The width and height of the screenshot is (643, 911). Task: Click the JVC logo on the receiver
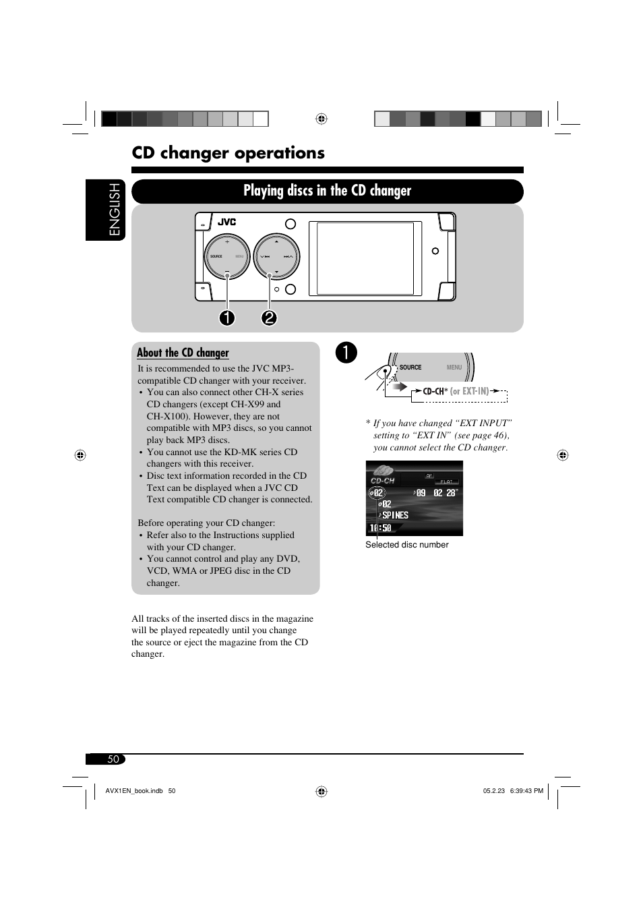coord(226,222)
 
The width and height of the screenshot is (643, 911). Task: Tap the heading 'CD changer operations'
coord(228,153)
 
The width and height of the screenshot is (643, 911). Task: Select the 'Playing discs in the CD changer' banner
coord(327,191)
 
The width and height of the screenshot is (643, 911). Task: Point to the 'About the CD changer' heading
coord(183,353)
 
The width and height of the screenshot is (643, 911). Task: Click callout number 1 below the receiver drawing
coord(227,317)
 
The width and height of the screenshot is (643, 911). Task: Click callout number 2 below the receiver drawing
coord(269,317)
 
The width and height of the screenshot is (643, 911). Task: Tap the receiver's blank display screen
coord(365,258)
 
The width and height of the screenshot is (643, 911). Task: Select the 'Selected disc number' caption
coord(406,545)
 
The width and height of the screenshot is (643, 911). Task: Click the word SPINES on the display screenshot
coord(396,515)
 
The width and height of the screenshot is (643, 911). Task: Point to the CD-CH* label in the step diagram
coord(435,391)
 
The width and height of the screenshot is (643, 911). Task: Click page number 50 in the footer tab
coord(113,759)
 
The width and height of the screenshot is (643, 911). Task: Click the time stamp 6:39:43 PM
coord(526,791)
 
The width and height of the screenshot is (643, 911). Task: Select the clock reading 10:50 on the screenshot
coord(380,528)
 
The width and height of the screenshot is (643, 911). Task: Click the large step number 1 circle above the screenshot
coord(346,353)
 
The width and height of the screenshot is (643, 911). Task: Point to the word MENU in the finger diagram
coord(454,368)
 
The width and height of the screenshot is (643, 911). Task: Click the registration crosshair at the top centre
coord(321,119)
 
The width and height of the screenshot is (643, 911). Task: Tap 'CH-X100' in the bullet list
coord(165,416)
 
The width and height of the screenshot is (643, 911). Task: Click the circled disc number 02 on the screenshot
coord(377,493)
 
